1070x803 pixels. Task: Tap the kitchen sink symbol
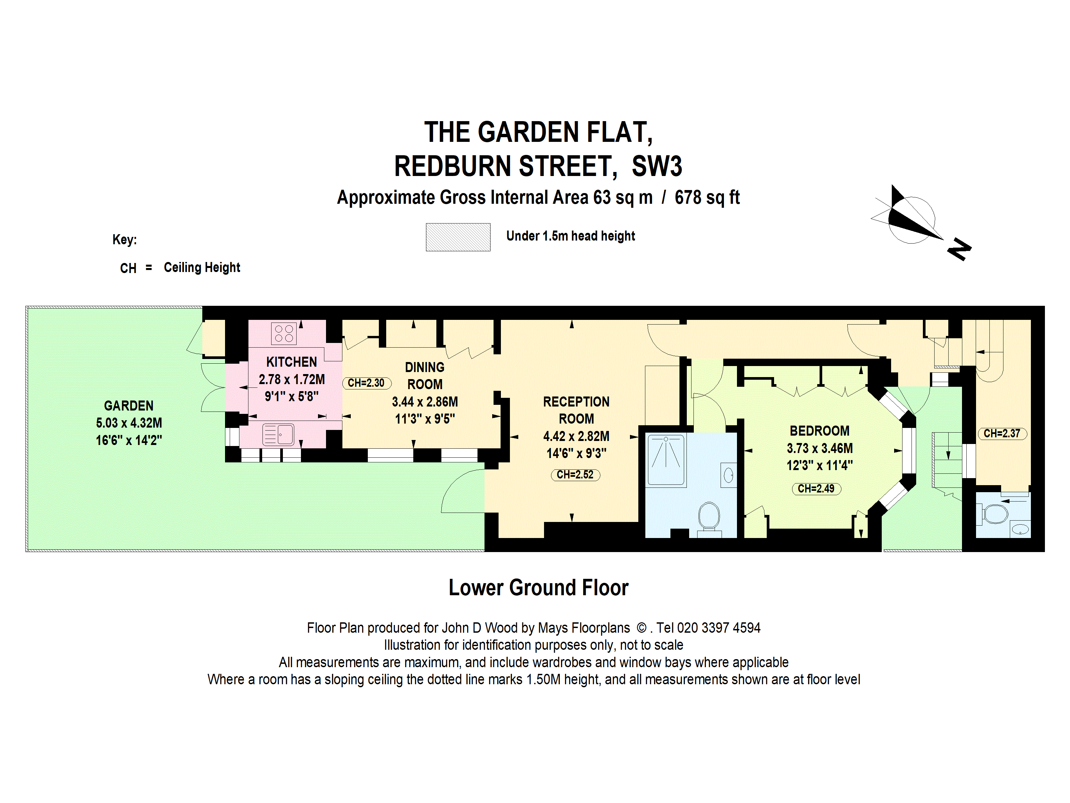coord(278,434)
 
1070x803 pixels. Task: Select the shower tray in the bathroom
coord(666,459)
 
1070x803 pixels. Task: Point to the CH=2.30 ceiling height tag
coord(366,383)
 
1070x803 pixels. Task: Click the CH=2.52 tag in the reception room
coord(575,475)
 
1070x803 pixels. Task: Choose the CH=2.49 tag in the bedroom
coord(816,489)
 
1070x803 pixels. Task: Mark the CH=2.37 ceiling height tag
coord(1002,434)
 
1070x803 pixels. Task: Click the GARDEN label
coord(129,406)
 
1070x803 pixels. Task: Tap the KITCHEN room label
coord(292,362)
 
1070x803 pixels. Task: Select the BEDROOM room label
coord(820,431)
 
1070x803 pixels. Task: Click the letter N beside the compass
coord(959,250)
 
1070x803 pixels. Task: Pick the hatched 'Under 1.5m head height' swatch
coord(458,237)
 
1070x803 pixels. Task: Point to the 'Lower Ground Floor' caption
coord(538,588)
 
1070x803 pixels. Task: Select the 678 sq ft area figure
coord(707,197)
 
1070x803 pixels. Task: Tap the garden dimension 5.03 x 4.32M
coord(129,423)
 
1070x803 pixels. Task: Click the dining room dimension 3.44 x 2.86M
coord(425,402)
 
